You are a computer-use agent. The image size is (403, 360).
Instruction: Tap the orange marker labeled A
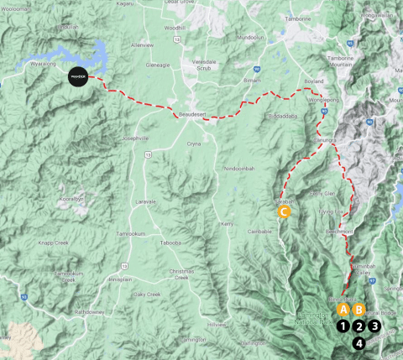[343, 308]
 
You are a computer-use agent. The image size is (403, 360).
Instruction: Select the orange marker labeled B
[359, 308]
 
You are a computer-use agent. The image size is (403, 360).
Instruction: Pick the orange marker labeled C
[285, 212]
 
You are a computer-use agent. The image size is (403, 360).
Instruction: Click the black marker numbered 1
[343, 325]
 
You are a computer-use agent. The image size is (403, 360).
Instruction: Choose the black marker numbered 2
[359, 326]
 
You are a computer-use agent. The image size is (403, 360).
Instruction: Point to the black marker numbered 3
[374, 326]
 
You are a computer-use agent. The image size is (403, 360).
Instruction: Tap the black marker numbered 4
[359, 342]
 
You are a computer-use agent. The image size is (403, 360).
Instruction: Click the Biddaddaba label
[283, 117]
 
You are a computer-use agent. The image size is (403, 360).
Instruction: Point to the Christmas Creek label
[181, 274]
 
